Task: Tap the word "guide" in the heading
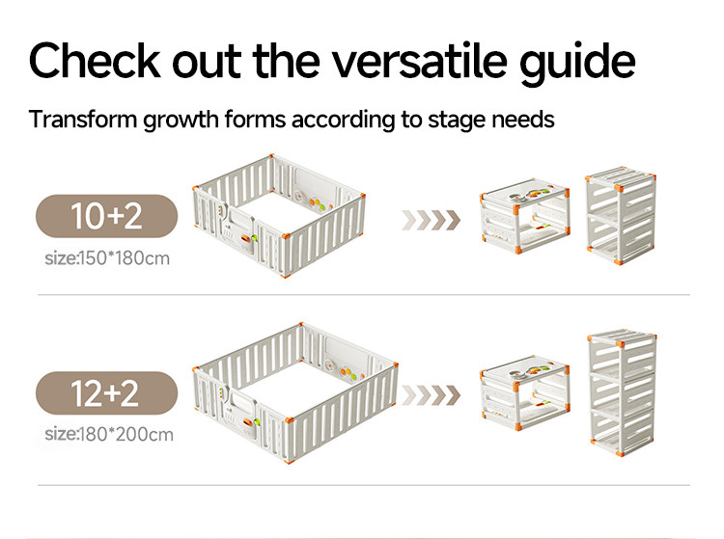coord(578,64)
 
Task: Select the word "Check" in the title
coord(95,61)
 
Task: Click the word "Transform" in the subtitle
coord(83,120)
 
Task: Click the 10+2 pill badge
coord(106,216)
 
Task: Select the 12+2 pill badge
coord(106,392)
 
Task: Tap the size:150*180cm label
coord(107,258)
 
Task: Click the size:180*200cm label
coord(109,434)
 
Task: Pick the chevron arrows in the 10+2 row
coord(432,220)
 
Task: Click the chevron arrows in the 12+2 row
coord(432,395)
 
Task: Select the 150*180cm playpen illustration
coord(279,215)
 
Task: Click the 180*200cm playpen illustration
coord(295,392)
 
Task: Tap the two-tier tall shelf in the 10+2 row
coord(621,215)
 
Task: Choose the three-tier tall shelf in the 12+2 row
coord(622,392)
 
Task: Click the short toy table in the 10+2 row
coord(524,216)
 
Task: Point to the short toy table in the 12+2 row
coord(524,392)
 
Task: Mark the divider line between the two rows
coord(364,294)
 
